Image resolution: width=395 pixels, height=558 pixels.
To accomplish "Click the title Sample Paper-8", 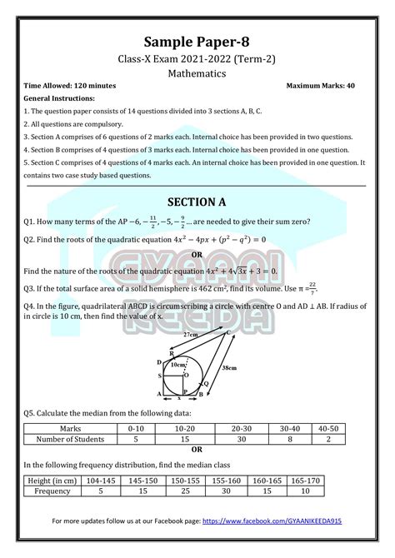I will coord(197,42).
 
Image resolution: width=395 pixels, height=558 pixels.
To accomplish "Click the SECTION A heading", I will coord(197,202).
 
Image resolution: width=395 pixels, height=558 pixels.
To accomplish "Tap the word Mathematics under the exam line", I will coord(197,72).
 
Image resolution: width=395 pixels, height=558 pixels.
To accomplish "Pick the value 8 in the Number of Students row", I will coord(292,438).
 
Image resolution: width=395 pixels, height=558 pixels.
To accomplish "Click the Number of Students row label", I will coord(67,438).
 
